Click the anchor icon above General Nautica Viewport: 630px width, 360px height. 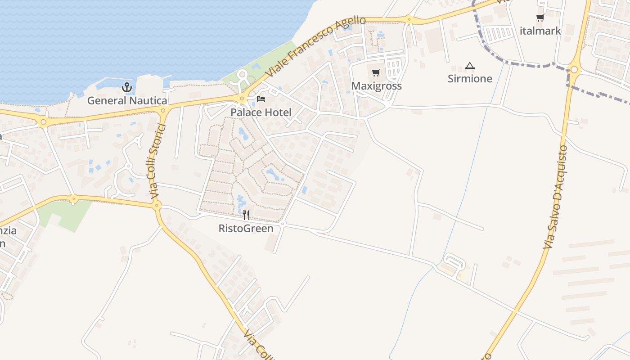(x=126, y=87)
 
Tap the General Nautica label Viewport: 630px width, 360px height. (x=127, y=100)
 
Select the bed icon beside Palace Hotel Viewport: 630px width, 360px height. (x=261, y=99)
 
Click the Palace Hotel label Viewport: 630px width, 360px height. (x=261, y=112)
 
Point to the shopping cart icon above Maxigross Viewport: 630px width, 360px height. (x=376, y=72)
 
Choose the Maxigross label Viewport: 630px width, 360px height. (x=376, y=85)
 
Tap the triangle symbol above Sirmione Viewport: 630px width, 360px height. (x=470, y=66)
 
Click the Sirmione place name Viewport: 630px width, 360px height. (x=470, y=79)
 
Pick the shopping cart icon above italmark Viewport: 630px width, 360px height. (x=540, y=18)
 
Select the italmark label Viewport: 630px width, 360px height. (x=540, y=31)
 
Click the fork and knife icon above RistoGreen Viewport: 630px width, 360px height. (x=246, y=215)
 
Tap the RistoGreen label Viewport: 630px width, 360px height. (x=246, y=228)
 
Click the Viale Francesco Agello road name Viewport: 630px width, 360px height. (x=315, y=46)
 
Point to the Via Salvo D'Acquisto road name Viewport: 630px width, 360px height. (x=555, y=197)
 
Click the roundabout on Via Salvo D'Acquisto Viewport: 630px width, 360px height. (x=573, y=70)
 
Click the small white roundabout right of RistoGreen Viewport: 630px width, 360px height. (x=283, y=224)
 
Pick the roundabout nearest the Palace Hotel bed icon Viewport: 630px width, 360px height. (x=242, y=99)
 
